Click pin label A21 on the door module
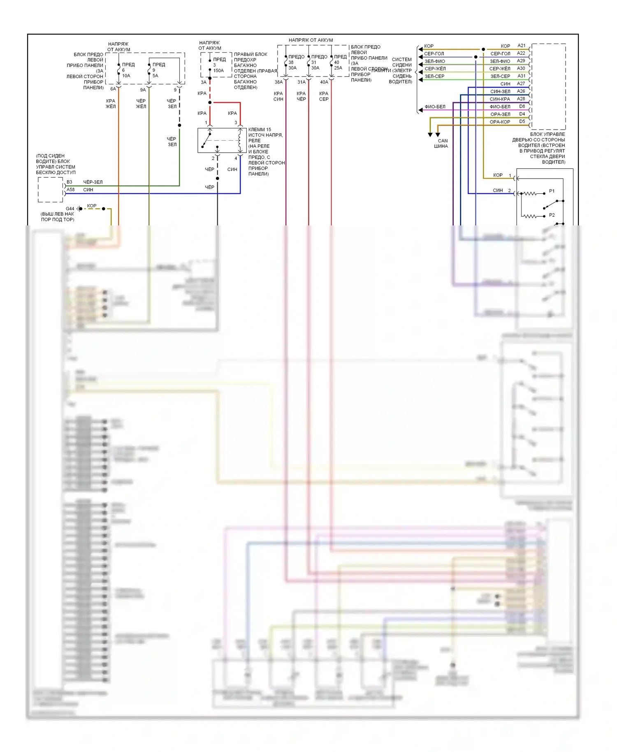(521, 46)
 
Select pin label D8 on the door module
(522, 107)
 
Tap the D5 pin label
(522, 122)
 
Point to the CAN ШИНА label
(441, 143)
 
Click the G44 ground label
(70, 209)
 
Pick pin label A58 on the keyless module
(71, 190)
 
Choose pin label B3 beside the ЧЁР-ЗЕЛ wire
(70, 182)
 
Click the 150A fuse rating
(218, 71)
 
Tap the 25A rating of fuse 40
(338, 68)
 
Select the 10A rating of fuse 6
(126, 76)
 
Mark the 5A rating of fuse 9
(155, 76)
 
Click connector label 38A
(278, 82)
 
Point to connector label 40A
(324, 82)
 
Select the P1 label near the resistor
(552, 191)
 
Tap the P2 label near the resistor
(552, 215)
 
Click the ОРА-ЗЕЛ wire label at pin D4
(500, 114)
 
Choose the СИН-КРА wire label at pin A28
(500, 99)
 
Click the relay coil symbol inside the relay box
(240, 140)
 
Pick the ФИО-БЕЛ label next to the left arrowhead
(435, 107)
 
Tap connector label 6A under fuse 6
(113, 89)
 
